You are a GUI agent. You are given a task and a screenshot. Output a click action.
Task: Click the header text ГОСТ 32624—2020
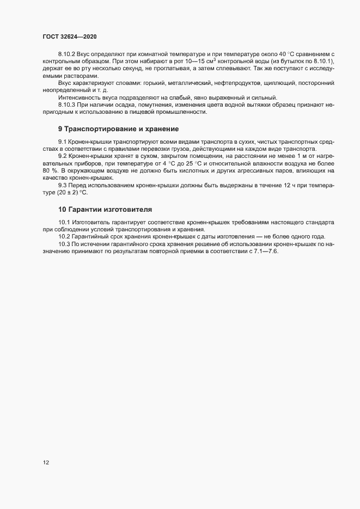click(x=70, y=36)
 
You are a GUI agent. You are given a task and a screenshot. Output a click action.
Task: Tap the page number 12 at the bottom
click(x=46, y=463)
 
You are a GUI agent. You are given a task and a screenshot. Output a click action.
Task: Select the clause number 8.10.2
click(x=66, y=55)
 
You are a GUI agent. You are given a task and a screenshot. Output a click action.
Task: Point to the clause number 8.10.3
click(x=66, y=103)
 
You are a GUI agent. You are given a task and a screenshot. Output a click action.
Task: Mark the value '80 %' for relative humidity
click(x=50, y=171)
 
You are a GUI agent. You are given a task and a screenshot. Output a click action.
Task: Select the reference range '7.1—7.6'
click(x=266, y=250)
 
